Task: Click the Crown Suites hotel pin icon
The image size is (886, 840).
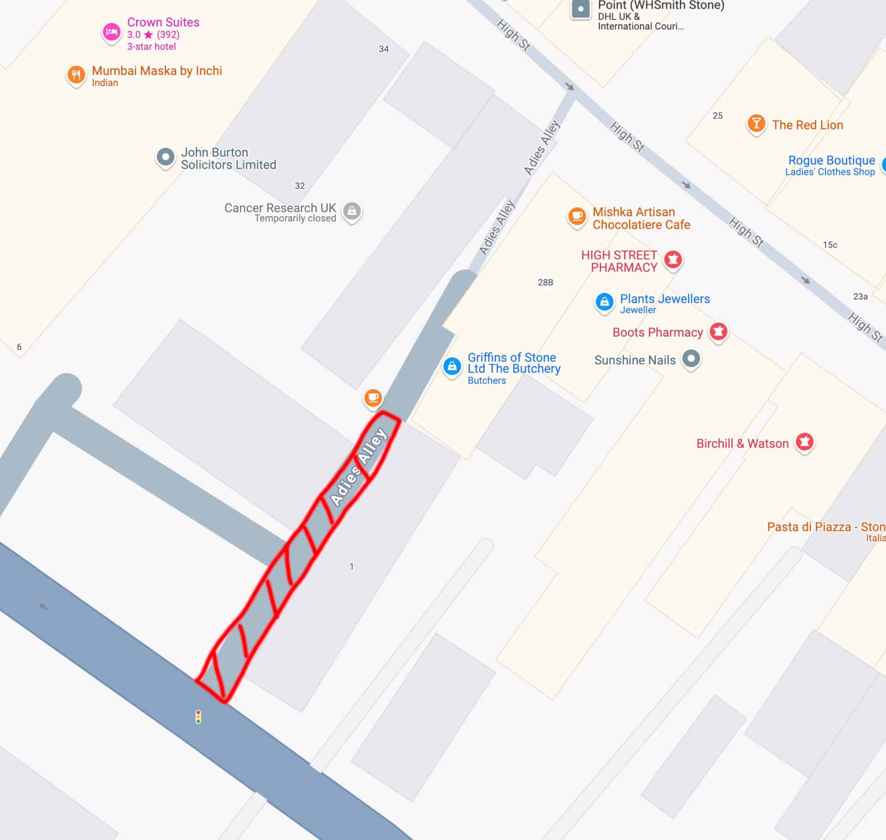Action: coord(111,32)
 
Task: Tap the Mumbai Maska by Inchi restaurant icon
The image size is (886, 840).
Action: coord(76,75)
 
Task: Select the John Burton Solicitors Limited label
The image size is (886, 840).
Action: coord(228,159)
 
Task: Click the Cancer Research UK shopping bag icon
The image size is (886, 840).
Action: coord(352,211)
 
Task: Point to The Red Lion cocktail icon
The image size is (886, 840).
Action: coord(756,124)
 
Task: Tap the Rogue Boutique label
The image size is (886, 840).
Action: coord(831,165)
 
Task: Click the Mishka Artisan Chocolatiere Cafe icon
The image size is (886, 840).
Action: coord(577,216)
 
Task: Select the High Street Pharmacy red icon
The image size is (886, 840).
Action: coord(673,260)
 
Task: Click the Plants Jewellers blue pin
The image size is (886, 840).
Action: coord(605,302)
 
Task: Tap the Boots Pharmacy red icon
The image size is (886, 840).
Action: coord(718,331)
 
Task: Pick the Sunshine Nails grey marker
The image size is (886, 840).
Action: coord(691,359)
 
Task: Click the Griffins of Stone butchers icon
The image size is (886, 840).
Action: coord(452,367)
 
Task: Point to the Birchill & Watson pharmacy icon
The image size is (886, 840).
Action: coord(804,442)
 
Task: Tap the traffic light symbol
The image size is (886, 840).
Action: coord(198,717)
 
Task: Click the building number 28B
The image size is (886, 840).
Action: coord(545,282)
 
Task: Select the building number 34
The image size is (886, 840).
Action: coord(383,49)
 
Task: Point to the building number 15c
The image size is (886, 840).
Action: coord(830,245)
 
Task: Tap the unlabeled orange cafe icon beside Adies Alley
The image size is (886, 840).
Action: coord(373,398)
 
